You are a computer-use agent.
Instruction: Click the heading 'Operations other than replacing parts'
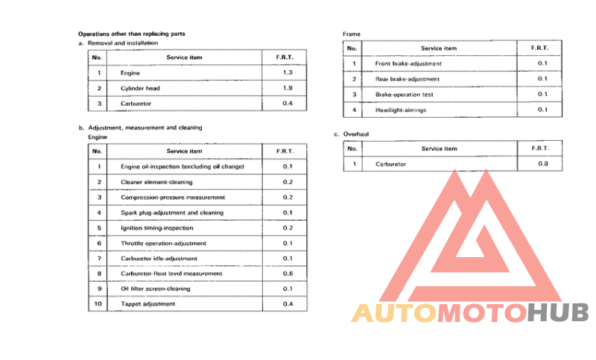(x=132, y=34)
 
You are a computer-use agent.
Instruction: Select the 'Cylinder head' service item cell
(x=140, y=89)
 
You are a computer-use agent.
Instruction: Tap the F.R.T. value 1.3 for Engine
(x=288, y=73)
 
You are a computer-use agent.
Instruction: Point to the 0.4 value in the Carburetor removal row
(x=288, y=104)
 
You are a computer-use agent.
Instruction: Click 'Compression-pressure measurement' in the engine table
(x=173, y=198)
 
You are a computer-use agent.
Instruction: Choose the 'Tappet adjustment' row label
(x=148, y=304)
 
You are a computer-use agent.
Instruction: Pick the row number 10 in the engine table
(x=97, y=304)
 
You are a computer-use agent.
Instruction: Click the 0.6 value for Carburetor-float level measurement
(x=288, y=274)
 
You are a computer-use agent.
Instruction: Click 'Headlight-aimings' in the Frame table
(x=401, y=110)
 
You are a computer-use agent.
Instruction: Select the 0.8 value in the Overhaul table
(x=542, y=163)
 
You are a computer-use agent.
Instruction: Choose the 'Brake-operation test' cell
(x=405, y=95)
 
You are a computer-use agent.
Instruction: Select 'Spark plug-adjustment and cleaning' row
(x=171, y=212)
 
